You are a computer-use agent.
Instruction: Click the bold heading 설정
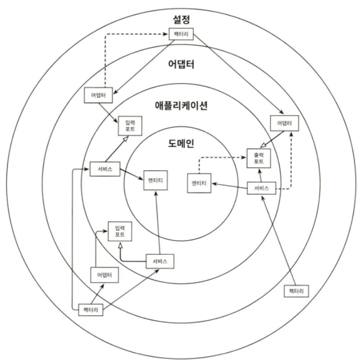181,19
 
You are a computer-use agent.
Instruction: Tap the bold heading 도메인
181,143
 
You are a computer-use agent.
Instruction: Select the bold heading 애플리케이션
181,106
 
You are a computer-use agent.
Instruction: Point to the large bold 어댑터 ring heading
181,64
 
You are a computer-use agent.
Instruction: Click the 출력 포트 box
259,158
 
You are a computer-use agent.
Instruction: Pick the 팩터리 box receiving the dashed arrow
181,34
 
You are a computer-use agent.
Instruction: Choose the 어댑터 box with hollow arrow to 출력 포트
284,123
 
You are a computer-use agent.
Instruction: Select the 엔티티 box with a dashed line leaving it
199,183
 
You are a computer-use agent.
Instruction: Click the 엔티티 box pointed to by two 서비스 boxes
156,181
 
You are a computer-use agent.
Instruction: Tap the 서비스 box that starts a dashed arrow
261,188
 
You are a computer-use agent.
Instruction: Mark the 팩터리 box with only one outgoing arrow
296,291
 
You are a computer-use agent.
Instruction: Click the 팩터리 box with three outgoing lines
91,310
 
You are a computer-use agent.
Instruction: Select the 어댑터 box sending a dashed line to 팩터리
98,95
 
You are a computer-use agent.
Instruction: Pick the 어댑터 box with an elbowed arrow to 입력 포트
105,275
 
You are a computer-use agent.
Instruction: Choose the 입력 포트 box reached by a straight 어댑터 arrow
130,126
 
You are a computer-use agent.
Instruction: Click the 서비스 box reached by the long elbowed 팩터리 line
105,169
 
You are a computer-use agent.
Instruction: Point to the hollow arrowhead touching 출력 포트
263,145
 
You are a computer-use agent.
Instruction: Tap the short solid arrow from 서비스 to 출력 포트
260,175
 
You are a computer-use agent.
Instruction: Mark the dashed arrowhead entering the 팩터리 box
166,34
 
